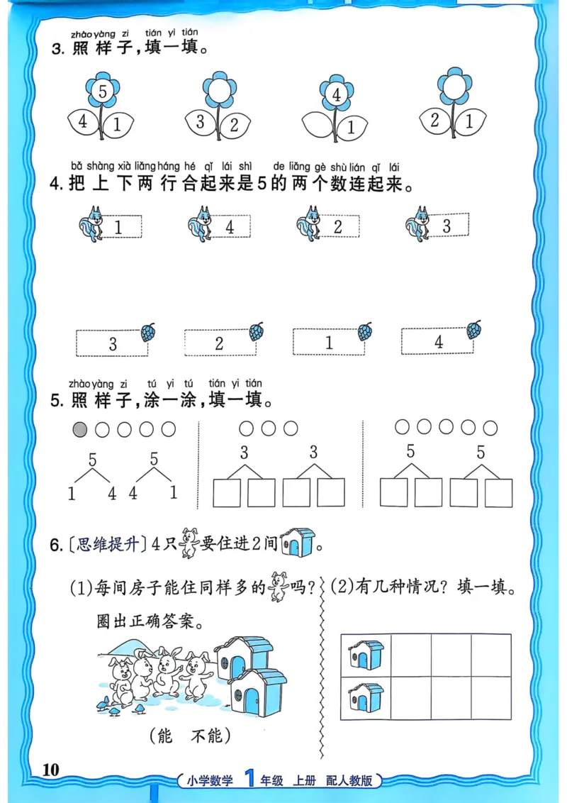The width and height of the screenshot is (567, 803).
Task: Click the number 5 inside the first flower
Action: [x=103, y=92]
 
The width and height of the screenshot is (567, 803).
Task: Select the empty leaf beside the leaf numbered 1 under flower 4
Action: [x=318, y=126]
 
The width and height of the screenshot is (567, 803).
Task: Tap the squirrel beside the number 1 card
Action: [x=90, y=226]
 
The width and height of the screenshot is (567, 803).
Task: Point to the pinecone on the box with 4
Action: [x=473, y=330]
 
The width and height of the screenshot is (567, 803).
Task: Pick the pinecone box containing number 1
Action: [x=328, y=343]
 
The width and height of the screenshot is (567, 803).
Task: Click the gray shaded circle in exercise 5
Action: [x=80, y=429]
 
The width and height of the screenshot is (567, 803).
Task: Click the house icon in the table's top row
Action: [x=366, y=655]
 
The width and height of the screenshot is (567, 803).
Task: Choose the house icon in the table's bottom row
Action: [x=366, y=698]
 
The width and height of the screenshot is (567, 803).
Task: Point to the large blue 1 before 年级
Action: [x=248, y=778]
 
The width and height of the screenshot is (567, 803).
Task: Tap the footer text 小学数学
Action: [x=210, y=780]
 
